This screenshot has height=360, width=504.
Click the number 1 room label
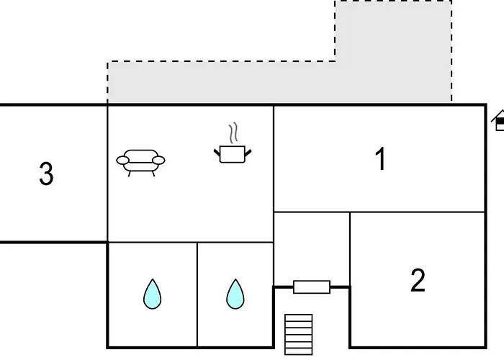coord(381,159)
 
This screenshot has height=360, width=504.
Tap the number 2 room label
coord(418,280)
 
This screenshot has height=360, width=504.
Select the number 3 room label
coord(46,174)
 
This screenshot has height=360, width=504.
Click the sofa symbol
coord(140,161)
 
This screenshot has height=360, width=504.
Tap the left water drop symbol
coord(152,294)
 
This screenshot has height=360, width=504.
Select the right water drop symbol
coord(235,294)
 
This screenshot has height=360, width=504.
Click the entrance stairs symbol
coord(299,334)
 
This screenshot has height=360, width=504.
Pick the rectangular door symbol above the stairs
coord(312,287)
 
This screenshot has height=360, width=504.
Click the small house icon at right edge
coord(499,122)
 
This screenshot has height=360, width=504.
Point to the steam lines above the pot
coord(233,134)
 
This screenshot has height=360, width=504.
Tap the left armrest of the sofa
coord(122,159)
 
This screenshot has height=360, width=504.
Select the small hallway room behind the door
coord(312,245)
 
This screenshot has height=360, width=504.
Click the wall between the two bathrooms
coord(197,295)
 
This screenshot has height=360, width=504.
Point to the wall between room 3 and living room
coord(107,173)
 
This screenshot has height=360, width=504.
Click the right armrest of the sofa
coord(159,159)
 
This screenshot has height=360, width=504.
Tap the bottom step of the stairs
coord(299,351)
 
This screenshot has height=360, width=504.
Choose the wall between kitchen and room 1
coord(274,158)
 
